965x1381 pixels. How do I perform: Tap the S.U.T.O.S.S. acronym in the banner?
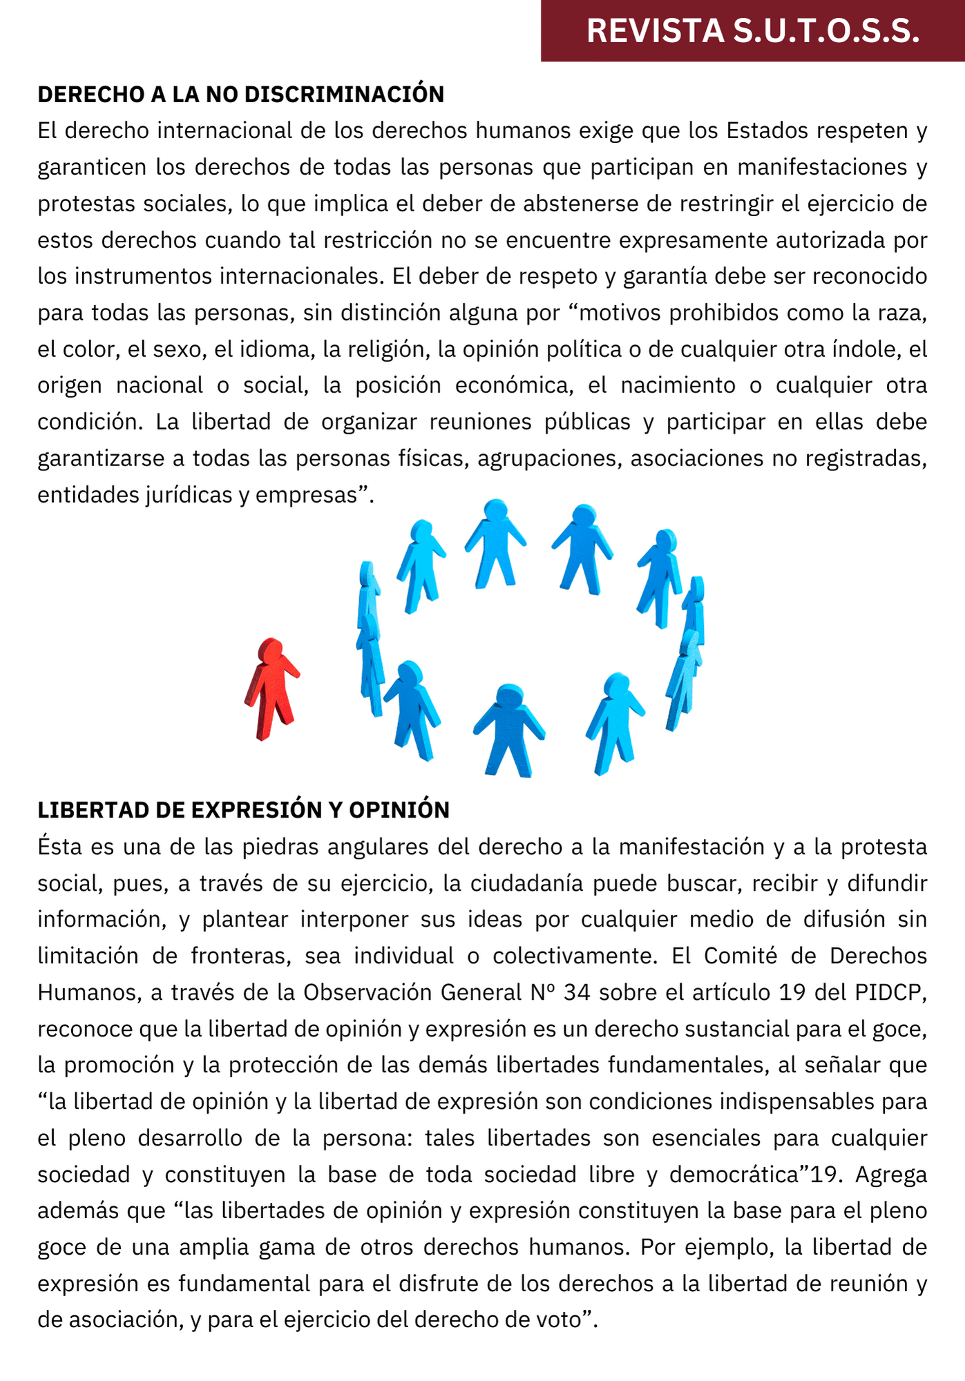coord(826,31)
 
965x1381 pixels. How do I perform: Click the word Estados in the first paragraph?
coord(767,131)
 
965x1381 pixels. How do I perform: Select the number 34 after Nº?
coord(577,992)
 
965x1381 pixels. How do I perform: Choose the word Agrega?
coord(891,1175)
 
